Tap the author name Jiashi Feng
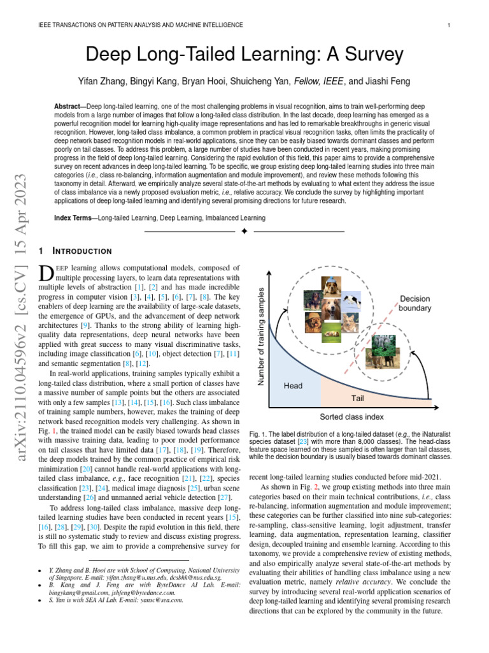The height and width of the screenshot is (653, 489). (x=388, y=82)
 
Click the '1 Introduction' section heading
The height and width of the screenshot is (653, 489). (x=75, y=251)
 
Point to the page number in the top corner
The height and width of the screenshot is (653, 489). (x=449, y=25)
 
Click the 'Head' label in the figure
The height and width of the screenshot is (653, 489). (x=293, y=386)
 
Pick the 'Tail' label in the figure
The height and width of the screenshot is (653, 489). (x=358, y=398)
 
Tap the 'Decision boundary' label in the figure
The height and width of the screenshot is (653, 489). (x=415, y=304)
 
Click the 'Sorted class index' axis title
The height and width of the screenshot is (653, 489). (x=351, y=417)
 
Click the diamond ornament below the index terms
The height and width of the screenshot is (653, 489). (x=244, y=231)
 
